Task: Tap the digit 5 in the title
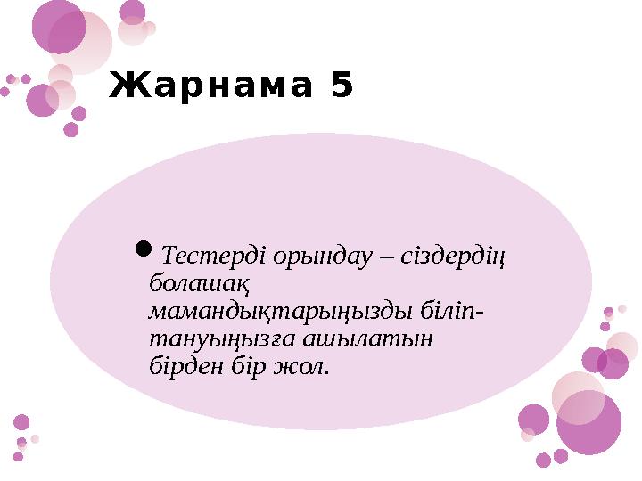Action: pyautogui.click(x=341, y=86)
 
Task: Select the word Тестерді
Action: pyautogui.click(x=204, y=257)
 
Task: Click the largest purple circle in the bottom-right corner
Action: pyautogui.click(x=588, y=422)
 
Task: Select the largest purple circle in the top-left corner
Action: pyautogui.click(x=59, y=26)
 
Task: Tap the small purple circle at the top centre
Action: pyautogui.click(x=133, y=12)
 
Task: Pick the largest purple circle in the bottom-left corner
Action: pyautogui.click(x=21, y=422)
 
